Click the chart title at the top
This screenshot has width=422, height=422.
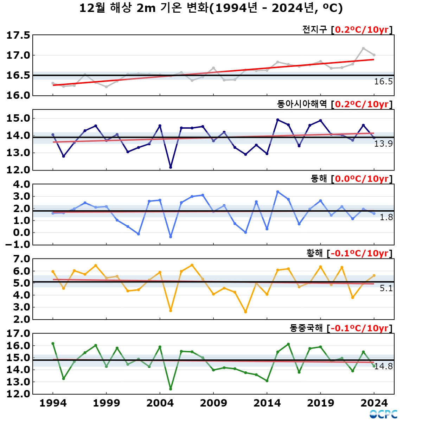coord(211,8)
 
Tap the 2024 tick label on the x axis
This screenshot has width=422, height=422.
coord(374,403)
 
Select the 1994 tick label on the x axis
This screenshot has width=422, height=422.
coord(53,403)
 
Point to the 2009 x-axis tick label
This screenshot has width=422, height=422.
coord(213,403)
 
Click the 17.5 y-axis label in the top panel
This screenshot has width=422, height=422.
coord(18,36)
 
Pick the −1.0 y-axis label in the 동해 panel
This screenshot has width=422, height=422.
coord(18,245)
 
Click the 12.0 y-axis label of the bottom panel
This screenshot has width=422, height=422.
coord(18,394)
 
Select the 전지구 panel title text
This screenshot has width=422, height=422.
coord(314,30)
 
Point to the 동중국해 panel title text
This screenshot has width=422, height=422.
coord(306,328)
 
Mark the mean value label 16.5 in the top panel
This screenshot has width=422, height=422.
coord(383,82)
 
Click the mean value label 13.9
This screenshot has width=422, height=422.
coord(383,143)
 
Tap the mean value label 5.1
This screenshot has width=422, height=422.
coord(386,288)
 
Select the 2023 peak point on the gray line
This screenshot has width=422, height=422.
coord(363,49)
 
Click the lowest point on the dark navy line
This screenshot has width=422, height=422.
coord(171,167)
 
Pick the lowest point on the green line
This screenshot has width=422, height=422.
coord(171,389)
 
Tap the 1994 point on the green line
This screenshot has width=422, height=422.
coord(53,344)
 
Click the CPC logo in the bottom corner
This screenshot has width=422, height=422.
coord(383,414)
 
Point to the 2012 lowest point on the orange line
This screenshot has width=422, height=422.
coord(245,312)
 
